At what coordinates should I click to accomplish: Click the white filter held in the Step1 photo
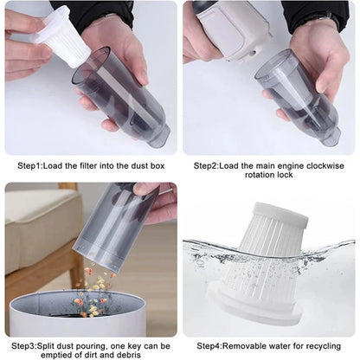click(x=63, y=36)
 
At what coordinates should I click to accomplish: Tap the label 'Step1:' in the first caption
click(x=33, y=164)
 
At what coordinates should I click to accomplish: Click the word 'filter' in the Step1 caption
click(x=93, y=164)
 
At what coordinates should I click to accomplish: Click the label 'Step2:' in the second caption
click(x=209, y=164)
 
